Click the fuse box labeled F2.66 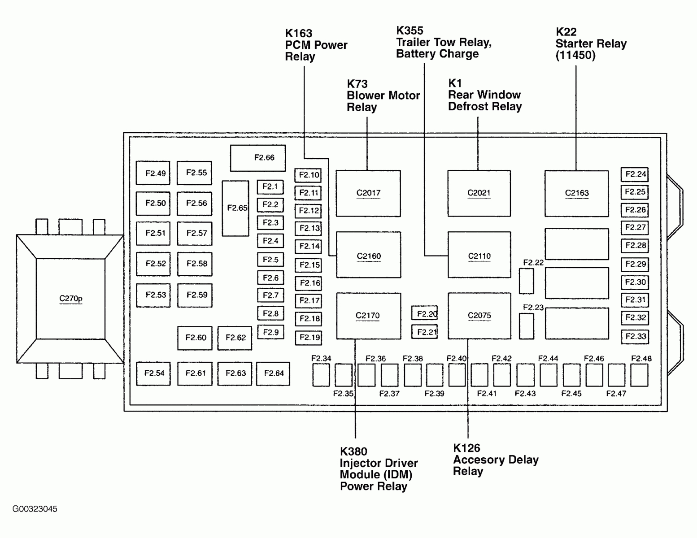click(x=258, y=158)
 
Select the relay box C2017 click(x=368, y=193)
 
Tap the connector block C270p click(x=70, y=299)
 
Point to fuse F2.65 click(x=235, y=208)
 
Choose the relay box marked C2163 click(x=576, y=193)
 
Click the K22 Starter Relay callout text click(x=590, y=44)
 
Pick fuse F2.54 click(x=153, y=373)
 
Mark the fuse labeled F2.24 click(x=635, y=174)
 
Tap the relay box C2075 click(x=479, y=316)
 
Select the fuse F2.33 click(x=635, y=337)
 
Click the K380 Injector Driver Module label click(x=378, y=469)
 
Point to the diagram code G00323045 click(x=35, y=509)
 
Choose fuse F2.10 click(x=308, y=175)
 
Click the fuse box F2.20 click(x=425, y=313)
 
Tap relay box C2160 click(x=368, y=255)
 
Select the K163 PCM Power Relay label click(x=316, y=45)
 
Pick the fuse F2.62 click(x=235, y=338)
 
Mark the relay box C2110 click(x=479, y=255)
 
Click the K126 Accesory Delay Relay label click(x=495, y=460)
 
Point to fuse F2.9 click(x=270, y=332)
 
